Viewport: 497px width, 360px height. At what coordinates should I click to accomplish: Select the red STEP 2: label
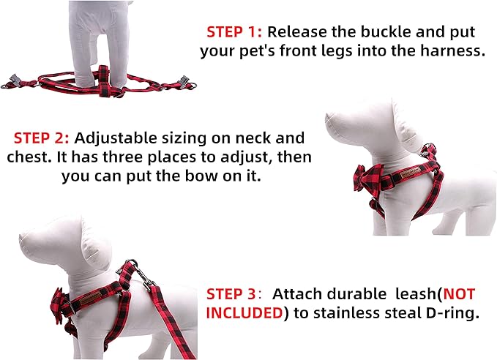[42, 138]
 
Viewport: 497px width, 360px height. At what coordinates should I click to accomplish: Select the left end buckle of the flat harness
[12, 77]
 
